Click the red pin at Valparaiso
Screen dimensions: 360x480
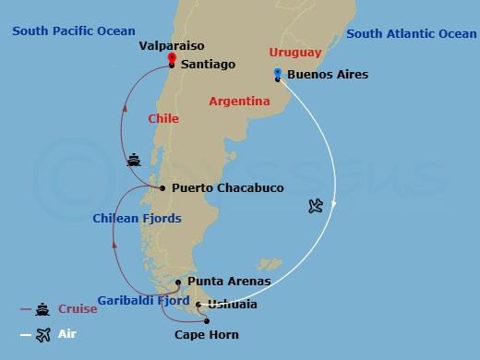[x=172, y=57]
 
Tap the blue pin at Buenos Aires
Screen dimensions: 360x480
[x=278, y=72]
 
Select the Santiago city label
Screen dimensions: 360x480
[x=209, y=65]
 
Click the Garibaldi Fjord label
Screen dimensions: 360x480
[x=141, y=302]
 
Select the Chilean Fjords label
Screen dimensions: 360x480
[x=137, y=218]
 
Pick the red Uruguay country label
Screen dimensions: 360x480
[x=295, y=53]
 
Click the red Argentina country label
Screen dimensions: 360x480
[x=240, y=101]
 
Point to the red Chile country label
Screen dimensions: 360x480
[x=162, y=119]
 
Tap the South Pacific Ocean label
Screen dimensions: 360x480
[x=73, y=31]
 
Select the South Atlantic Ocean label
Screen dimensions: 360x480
[x=411, y=34]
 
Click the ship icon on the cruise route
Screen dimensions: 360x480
[x=135, y=160]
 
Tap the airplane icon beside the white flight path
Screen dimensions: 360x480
[x=318, y=205]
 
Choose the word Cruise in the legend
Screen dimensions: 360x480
[x=78, y=309]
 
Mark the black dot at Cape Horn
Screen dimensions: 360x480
[x=220, y=321]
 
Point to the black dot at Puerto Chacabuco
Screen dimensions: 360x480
[x=162, y=188]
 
